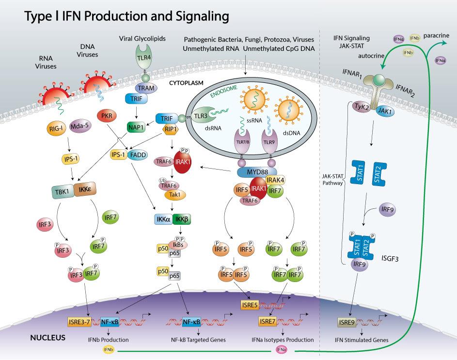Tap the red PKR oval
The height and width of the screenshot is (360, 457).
pyautogui.click(x=108, y=117)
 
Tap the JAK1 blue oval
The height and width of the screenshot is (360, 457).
pyautogui.click(x=385, y=111)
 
